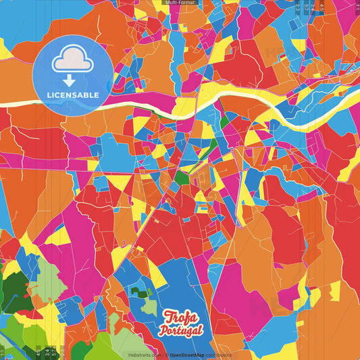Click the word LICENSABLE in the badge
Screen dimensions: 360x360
73,95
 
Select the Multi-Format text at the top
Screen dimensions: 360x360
180,3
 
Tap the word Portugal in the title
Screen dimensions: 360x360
180,330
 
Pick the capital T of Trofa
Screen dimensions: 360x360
170,316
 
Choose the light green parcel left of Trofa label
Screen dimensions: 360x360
149,307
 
